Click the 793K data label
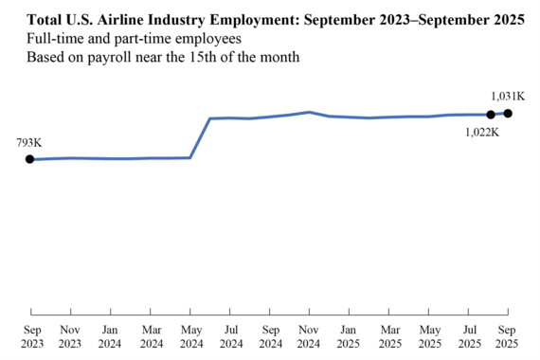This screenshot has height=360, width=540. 29,142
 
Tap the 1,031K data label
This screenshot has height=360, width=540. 509,96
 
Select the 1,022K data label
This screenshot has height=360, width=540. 482,132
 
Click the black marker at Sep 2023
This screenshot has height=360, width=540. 30,159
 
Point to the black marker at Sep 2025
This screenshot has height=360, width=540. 508,114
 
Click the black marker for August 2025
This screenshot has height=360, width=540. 490,115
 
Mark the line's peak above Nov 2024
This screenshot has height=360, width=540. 310,112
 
